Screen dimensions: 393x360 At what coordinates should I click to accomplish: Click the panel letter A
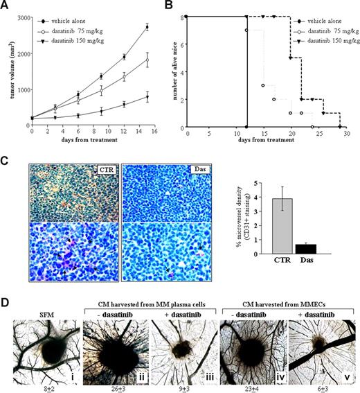6,6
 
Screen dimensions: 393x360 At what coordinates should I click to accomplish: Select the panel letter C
6,161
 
